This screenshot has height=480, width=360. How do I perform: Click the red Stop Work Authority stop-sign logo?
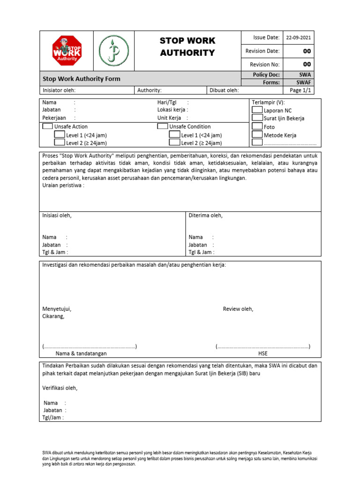pyautogui.click(x=67, y=51)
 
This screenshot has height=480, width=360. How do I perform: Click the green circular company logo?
pyautogui.click(x=113, y=51)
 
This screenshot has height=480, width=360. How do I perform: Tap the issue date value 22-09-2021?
pyautogui.click(x=301, y=38)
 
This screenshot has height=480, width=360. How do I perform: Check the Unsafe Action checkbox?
pyautogui.click(x=47, y=127)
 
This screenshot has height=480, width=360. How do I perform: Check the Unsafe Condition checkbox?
pyautogui.click(x=162, y=127)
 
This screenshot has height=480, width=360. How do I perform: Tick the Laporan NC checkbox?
pyautogui.click(x=257, y=110)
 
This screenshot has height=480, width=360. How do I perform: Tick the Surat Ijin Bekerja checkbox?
pyautogui.click(x=257, y=118)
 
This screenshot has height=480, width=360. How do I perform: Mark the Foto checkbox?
pyautogui.click(x=257, y=126)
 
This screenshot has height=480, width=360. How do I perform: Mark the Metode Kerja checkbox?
pyautogui.click(x=257, y=135)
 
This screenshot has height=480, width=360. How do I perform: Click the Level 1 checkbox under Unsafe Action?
pyautogui.click(x=60, y=135)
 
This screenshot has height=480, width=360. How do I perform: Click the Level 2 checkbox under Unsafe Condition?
pyautogui.click(x=174, y=143)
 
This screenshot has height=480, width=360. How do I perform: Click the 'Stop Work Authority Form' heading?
pyautogui.click(x=82, y=79)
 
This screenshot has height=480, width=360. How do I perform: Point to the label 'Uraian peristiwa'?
pyautogui.click(x=63, y=186)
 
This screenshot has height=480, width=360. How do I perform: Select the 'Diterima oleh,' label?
pyautogui.click(x=205, y=216)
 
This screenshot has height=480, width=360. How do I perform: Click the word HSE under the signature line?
pyautogui.click(x=263, y=354)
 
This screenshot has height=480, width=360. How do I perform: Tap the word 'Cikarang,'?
pyautogui.click(x=53, y=316)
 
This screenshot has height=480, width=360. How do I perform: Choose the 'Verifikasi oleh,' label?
pyautogui.click(x=60, y=388)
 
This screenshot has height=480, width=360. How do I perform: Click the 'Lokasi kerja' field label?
pyautogui.click(x=172, y=110)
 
